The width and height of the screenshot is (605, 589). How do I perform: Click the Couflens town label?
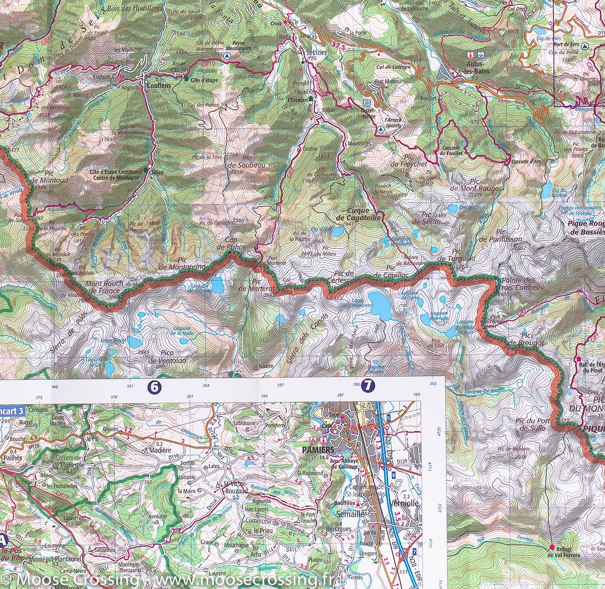click(x=157, y=86)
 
